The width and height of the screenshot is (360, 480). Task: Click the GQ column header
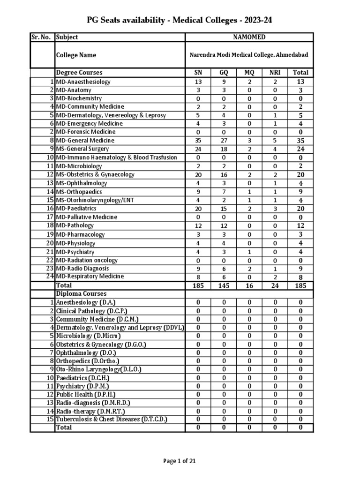(224, 73)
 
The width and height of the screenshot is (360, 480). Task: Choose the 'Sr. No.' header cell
(42, 37)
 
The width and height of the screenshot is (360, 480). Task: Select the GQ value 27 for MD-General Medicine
(224, 141)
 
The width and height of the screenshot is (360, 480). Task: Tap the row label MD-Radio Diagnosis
(82, 269)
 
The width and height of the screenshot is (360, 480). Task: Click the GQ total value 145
(224, 285)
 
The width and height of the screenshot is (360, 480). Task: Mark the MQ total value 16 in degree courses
(249, 285)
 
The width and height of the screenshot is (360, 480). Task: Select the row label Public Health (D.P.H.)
(85, 394)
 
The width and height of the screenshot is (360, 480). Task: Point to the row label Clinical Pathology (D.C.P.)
(91, 311)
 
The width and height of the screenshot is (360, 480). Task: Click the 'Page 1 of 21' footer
(180, 461)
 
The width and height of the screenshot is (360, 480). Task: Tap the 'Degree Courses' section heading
(79, 73)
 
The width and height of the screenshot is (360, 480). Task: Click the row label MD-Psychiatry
(75, 252)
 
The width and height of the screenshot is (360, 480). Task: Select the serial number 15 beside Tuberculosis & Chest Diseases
(49, 420)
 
